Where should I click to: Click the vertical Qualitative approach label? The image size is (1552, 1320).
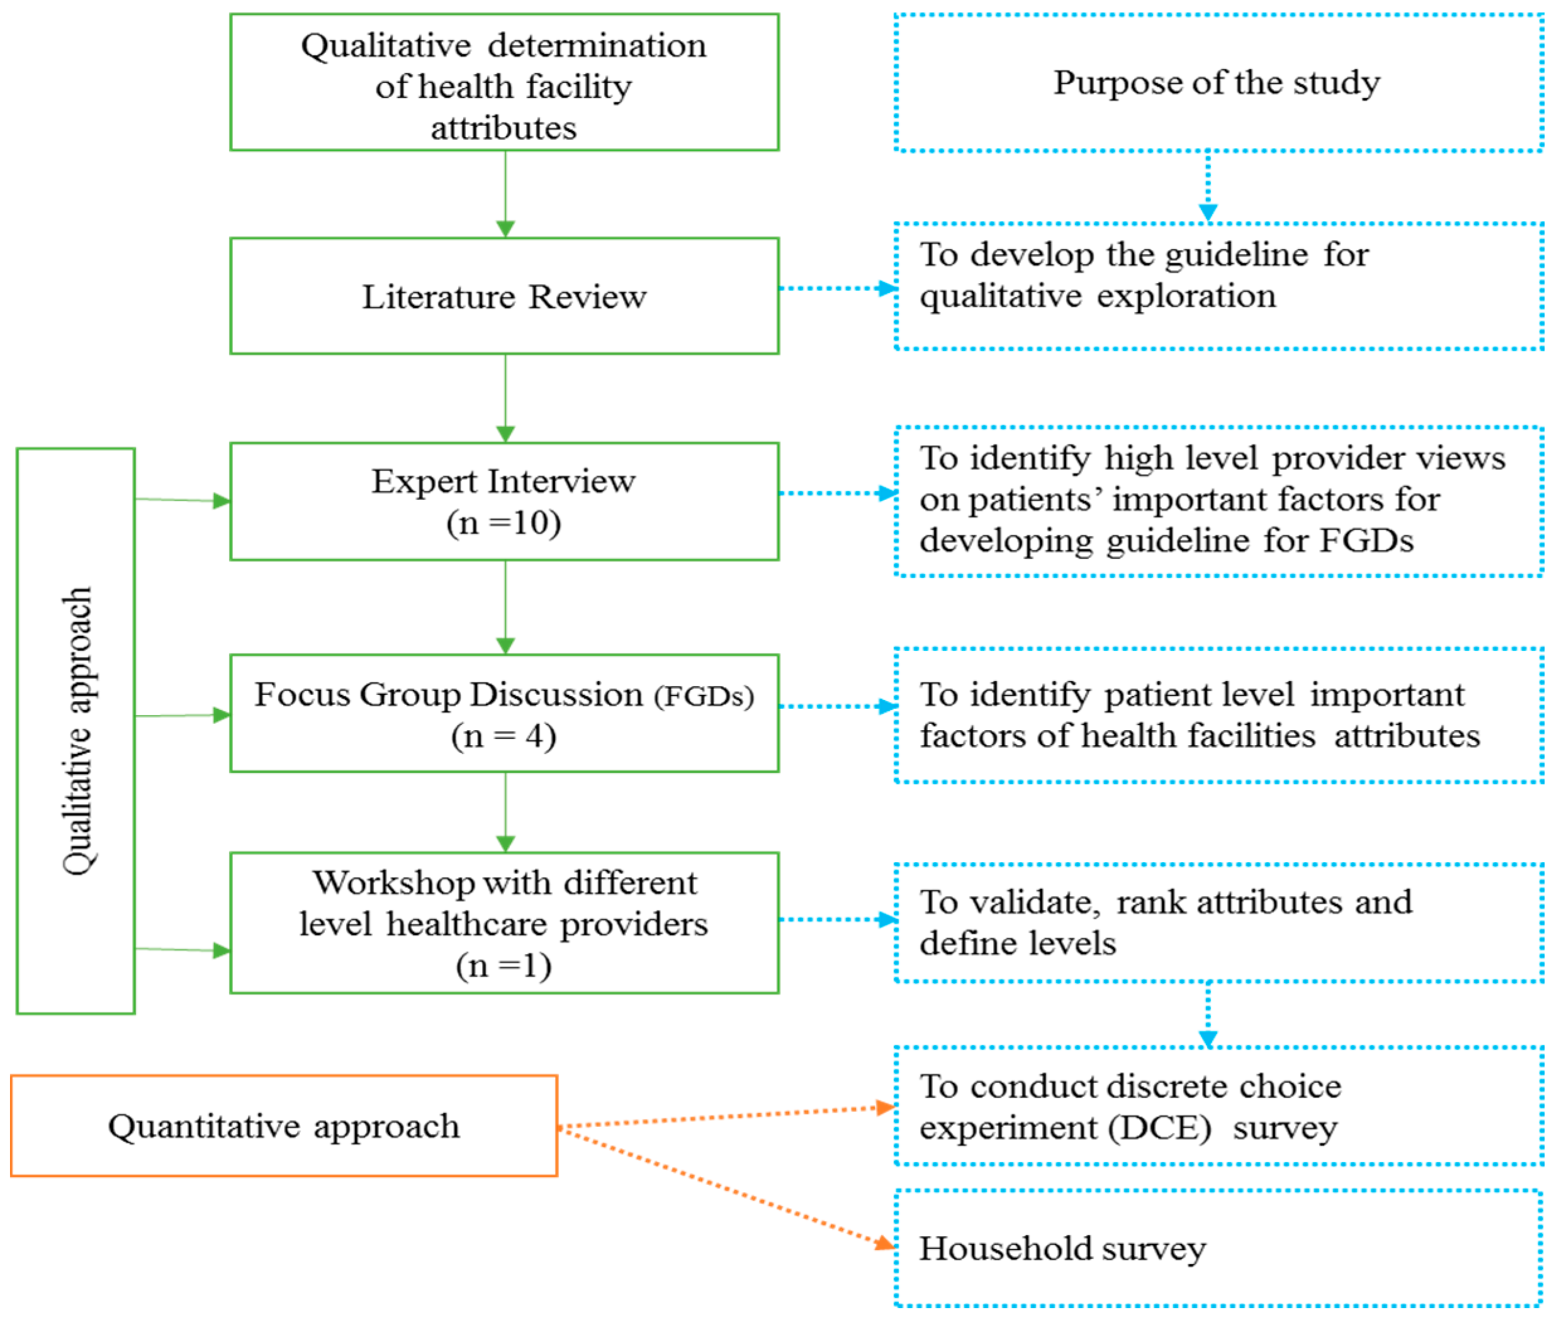pyautogui.click(x=77, y=731)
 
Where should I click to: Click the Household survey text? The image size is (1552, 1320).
pyautogui.click(x=1062, y=1248)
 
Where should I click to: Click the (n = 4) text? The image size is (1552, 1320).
pyautogui.click(x=504, y=736)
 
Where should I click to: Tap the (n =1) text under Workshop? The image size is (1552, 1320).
pyautogui.click(x=504, y=965)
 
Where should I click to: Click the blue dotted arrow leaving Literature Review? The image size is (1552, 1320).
pyautogui.click(x=838, y=288)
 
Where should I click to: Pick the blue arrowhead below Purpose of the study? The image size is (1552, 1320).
pyautogui.click(x=1208, y=213)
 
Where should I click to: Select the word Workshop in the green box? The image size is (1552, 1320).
pyautogui.click(x=394, y=884)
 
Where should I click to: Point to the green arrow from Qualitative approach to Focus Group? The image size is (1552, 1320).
pyautogui.click(x=183, y=716)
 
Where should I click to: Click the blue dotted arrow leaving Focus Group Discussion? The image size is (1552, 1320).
pyautogui.click(x=838, y=706)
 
